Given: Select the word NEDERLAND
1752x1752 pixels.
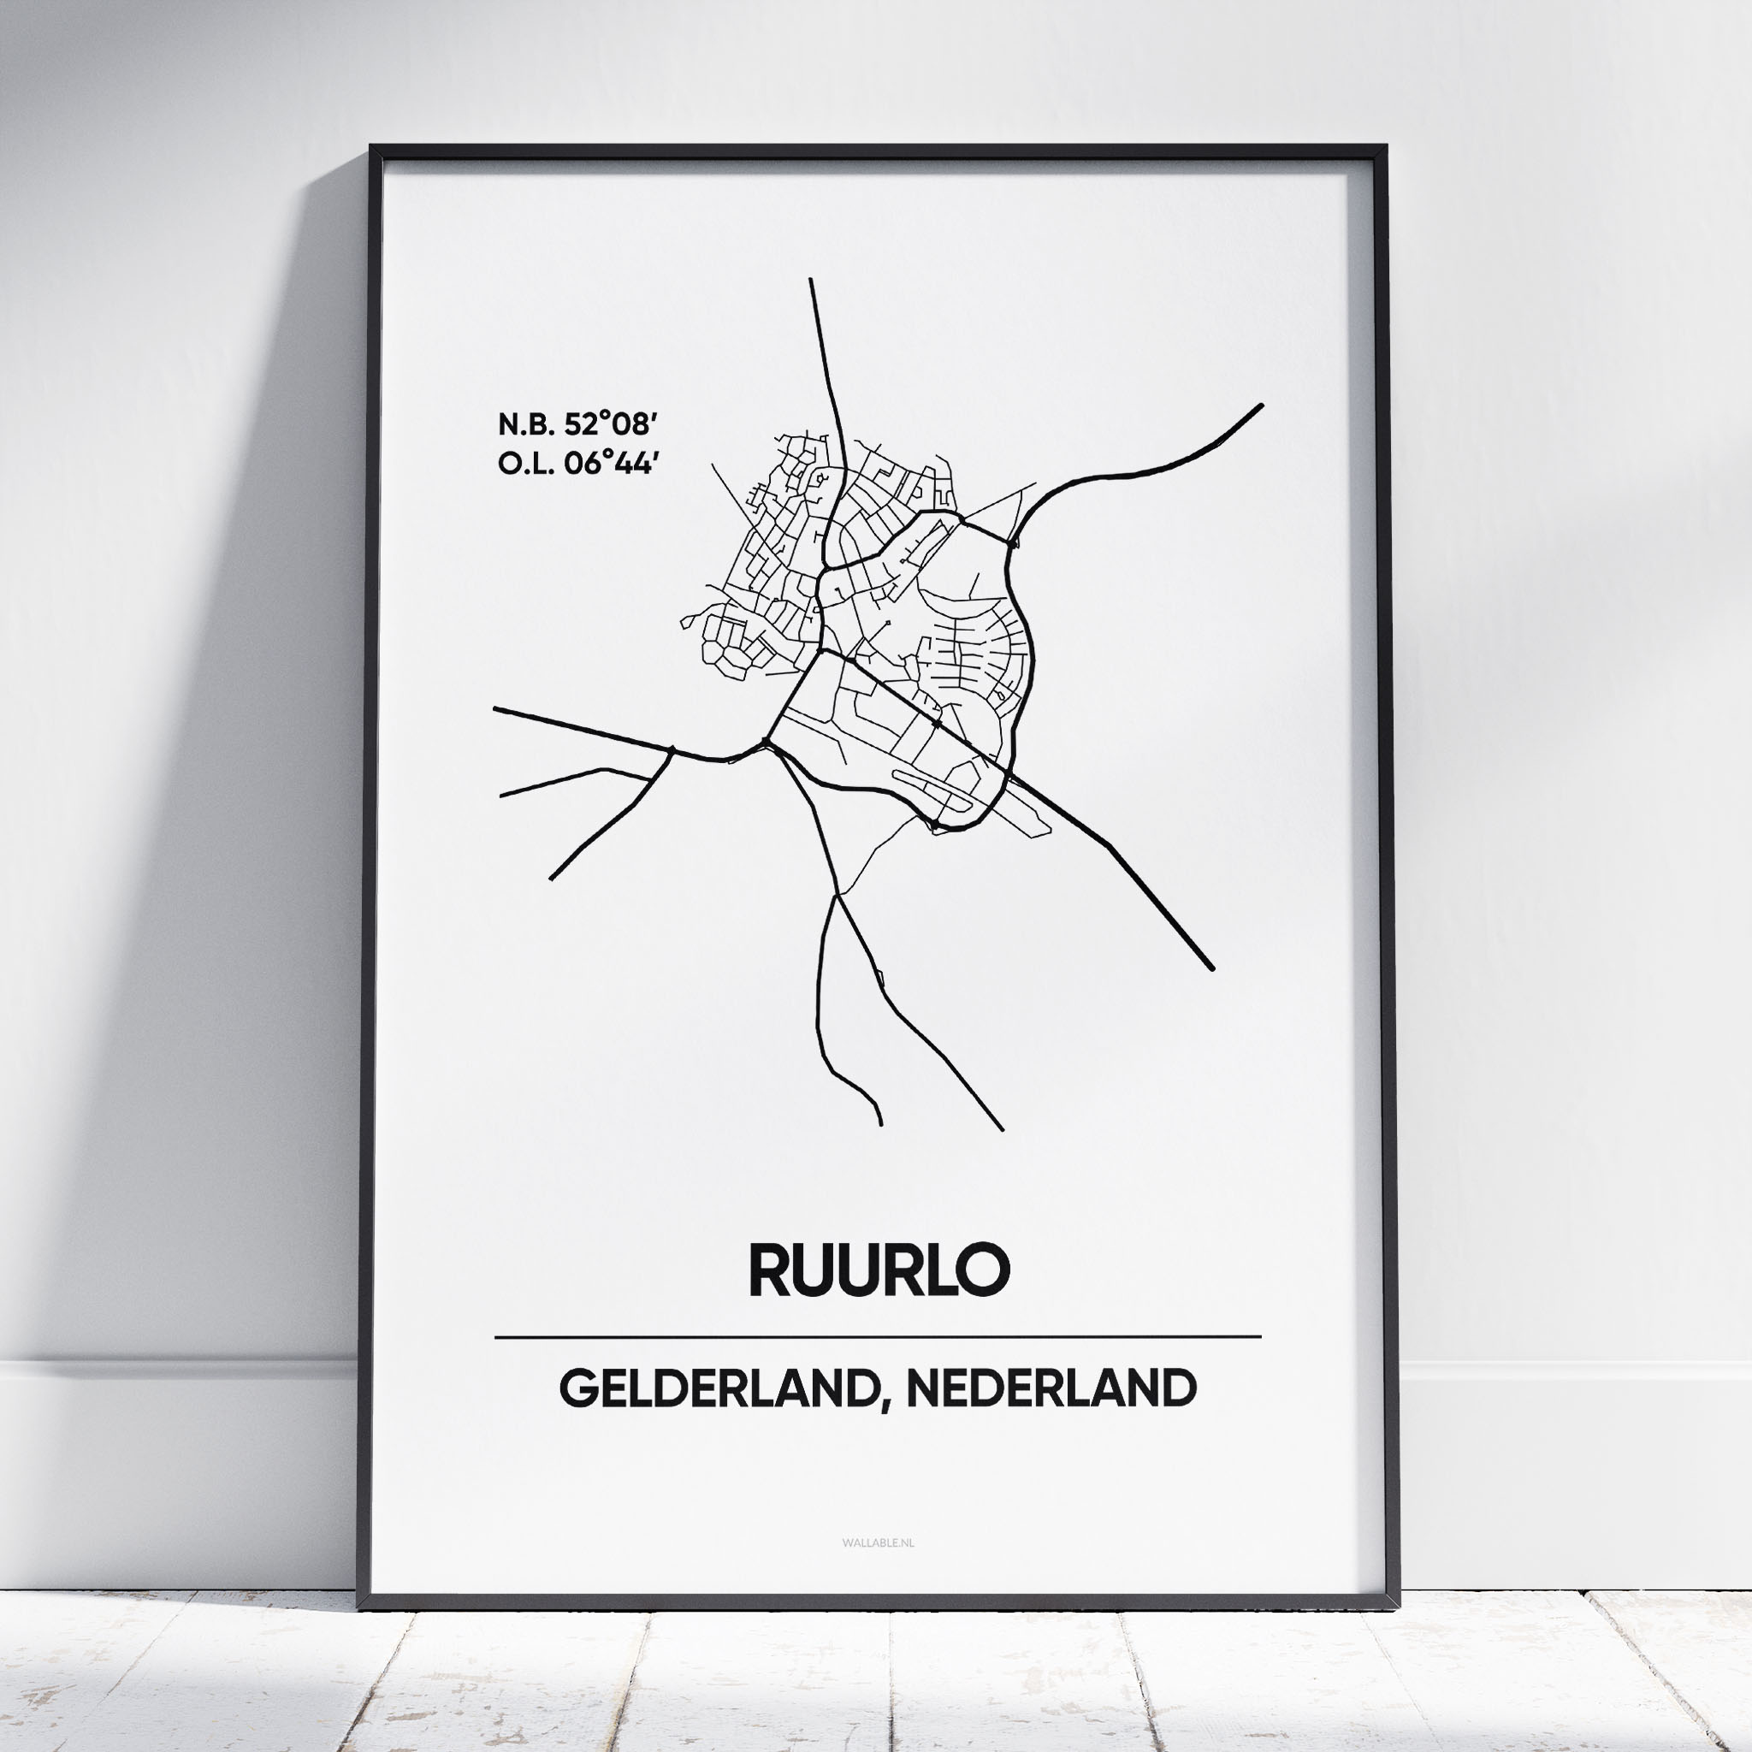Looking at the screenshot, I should point(1051,1389).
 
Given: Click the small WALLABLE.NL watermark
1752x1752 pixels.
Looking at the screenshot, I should point(878,1542).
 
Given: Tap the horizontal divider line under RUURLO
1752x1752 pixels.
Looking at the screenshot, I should point(878,1337).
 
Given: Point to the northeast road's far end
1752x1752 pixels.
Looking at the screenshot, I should point(1262,405).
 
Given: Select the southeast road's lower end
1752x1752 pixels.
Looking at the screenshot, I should point(1212,969).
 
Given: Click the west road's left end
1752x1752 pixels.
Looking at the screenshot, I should point(495,709).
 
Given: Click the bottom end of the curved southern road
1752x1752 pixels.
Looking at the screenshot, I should point(880,1124).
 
